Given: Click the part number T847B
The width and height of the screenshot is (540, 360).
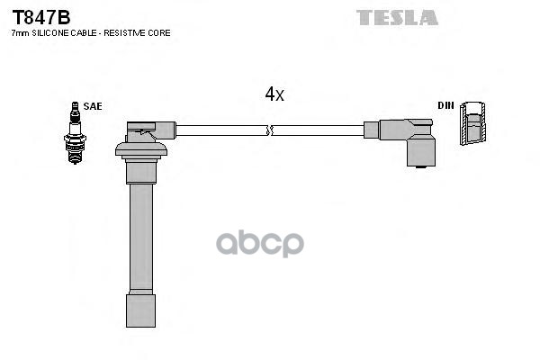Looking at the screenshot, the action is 40,16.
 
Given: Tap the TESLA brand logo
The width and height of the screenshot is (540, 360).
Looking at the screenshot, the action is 397,17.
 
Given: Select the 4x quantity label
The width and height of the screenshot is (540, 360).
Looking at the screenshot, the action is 274,94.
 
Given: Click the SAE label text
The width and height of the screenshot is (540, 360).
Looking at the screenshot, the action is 93,106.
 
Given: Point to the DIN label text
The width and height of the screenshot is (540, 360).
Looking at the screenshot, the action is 445,105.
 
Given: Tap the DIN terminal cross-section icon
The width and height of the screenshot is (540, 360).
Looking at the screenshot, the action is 474,125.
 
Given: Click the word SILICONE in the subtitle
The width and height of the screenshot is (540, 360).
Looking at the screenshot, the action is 53,32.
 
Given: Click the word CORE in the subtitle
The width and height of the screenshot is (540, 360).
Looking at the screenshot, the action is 159,32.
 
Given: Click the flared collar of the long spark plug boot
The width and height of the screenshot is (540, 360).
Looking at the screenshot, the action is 140,149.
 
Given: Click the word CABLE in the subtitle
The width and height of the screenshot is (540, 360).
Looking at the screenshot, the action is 88,32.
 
